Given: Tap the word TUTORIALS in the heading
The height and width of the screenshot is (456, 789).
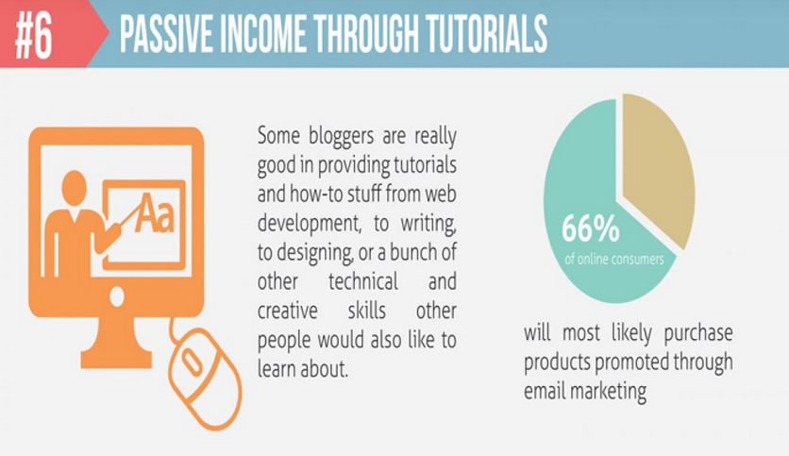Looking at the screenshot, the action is point(486,34).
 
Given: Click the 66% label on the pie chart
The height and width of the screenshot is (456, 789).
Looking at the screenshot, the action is point(590,229).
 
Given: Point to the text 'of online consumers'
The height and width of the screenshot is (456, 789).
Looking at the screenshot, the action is point(613,260).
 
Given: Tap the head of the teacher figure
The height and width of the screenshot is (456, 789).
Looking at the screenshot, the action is point(74,188).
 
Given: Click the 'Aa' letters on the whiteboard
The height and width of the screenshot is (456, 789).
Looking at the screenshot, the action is point(155,214).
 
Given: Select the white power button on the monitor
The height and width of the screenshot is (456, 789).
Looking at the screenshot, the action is point(117,296).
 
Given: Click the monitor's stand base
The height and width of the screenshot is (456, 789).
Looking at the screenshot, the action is point(116,359).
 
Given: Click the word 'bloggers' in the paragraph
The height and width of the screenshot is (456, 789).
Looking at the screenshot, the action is point(341,136).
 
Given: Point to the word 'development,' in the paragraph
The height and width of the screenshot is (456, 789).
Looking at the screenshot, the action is point(310,224).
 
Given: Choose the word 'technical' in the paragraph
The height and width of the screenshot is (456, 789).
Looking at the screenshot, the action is point(363,281).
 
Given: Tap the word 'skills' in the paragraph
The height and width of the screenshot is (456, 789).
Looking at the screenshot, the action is point(367,311).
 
